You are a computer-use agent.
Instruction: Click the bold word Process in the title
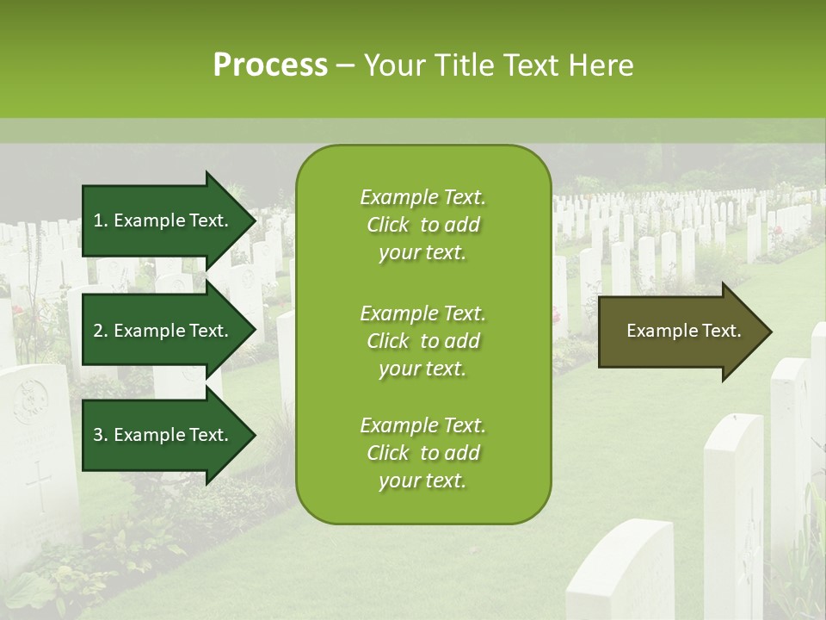tap(269, 65)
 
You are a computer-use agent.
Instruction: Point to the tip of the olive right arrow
tap(770, 332)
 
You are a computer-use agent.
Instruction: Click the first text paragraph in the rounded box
tap(422, 225)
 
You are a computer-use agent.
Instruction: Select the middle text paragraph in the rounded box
tap(422, 340)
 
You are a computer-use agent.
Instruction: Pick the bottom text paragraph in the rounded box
tap(422, 453)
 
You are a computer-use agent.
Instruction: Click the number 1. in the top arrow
tap(100, 220)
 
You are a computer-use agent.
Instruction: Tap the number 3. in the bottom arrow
tap(100, 435)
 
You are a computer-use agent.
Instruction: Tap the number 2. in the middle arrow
tap(100, 331)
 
